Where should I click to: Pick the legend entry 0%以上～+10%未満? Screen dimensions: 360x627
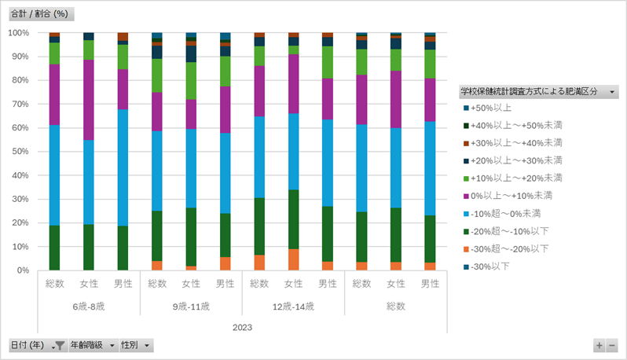pyautogui.click(x=499, y=196)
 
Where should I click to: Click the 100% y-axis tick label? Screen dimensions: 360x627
pyautogui.click(x=17, y=33)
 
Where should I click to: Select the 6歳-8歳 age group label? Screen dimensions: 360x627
pyautogui.click(x=88, y=306)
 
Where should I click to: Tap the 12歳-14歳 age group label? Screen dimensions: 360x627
pyautogui.click(x=293, y=306)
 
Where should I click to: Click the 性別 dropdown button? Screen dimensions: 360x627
pyautogui.click(x=135, y=345)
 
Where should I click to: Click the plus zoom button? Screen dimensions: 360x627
pyautogui.click(x=599, y=345)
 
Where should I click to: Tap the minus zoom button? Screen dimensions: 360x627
pyautogui.click(x=612, y=345)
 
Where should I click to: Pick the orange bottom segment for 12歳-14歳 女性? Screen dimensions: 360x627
pyautogui.click(x=293, y=259)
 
